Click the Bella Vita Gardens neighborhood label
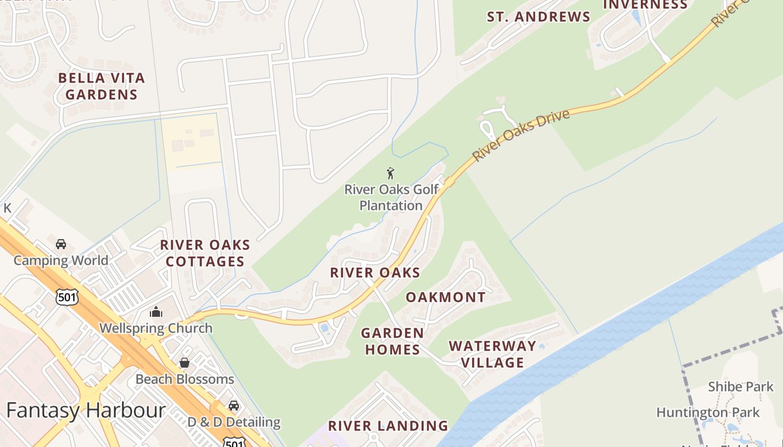click(x=101, y=86)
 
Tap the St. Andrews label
click(x=538, y=17)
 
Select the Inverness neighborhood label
click(x=645, y=5)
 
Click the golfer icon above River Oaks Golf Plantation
click(x=390, y=173)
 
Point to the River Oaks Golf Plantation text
click(x=391, y=197)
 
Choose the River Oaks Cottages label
click(x=205, y=253)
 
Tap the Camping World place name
click(x=61, y=260)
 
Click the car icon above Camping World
click(x=61, y=244)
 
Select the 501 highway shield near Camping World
click(x=67, y=297)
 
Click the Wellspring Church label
click(x=156, y=328)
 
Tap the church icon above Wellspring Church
click(x=156, y=312)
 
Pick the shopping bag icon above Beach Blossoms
click(x=185, y=363)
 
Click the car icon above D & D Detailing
click(x=233, y=406)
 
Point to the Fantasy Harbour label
click(x=86, y=411)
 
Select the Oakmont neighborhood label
click(x=445, y=297)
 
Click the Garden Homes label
click(x=391, y=341)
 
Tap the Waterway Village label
click(x=492, y=354)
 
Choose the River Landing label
click(x=388, y=426)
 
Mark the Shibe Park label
click(x=740, y=387)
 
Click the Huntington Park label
click(x=707, y=413)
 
